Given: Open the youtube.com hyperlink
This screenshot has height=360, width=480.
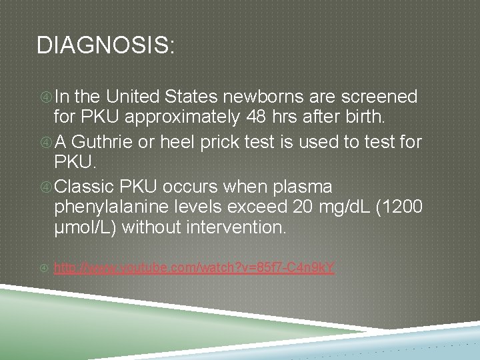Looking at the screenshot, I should point(194,268).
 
